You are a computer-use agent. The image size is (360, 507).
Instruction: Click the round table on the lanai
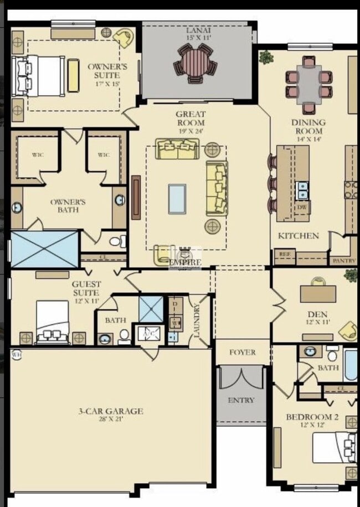coord(195,62)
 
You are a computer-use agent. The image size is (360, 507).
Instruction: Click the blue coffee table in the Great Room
coord(177,199)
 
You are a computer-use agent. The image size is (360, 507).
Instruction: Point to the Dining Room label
coord(308,127)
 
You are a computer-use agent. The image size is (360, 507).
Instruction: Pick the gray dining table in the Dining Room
coord(308,84)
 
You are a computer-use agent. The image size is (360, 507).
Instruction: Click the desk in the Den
coord(318,292)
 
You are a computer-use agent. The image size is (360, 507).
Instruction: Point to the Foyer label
coord(242,352)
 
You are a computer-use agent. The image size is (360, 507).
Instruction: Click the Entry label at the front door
coord(241,400)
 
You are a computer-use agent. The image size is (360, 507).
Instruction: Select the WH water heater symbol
coord(16,355)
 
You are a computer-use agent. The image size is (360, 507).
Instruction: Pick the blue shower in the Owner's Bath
coord(45,250)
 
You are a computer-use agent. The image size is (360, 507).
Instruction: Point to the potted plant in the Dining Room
coord(266,56)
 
